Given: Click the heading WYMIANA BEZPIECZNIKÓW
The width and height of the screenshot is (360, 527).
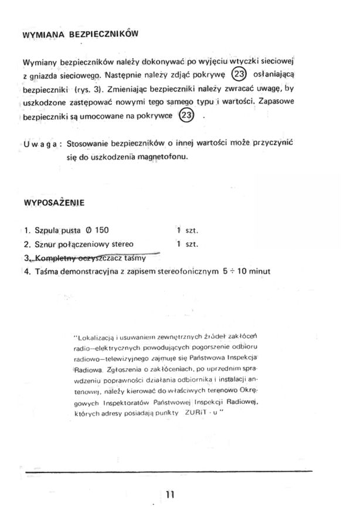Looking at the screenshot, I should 80,34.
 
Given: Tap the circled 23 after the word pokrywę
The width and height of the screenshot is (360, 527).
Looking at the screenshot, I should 240,74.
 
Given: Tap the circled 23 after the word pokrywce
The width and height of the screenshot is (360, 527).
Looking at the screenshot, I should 186,115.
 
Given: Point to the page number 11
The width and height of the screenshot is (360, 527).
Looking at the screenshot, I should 170,494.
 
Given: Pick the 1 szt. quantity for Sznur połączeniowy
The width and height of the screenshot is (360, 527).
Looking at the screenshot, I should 188,243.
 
